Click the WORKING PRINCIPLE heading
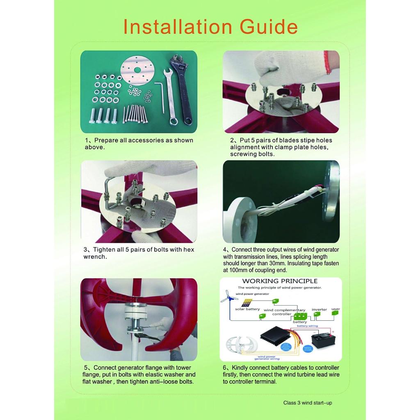pyautogui.click(x=280, y=281)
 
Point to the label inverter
pyautogui.click(x=319, y=310)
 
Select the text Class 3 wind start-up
pyautogui.click(x=308, y=403)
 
